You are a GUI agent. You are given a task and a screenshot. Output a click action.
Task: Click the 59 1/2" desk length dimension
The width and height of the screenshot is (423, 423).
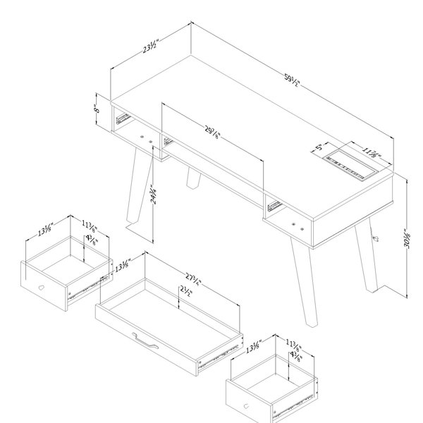292,80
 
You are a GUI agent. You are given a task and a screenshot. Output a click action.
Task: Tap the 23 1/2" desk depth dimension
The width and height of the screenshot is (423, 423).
151,47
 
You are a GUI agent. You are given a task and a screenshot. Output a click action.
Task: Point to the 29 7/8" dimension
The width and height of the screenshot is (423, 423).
213,133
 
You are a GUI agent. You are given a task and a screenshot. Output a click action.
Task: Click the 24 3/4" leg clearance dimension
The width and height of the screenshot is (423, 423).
154,195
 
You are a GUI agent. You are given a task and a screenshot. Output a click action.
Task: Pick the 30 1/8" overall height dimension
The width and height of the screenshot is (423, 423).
407,239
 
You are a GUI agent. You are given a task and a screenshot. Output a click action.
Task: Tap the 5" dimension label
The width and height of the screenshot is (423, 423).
319,147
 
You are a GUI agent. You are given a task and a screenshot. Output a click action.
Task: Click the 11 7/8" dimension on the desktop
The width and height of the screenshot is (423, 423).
371,153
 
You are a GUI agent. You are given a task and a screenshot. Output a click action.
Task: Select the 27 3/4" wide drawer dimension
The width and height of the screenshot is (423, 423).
193,279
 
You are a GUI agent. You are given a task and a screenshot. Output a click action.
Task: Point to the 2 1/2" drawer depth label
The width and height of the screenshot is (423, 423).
186,291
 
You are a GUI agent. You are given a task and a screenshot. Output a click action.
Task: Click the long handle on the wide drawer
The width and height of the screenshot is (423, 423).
145,341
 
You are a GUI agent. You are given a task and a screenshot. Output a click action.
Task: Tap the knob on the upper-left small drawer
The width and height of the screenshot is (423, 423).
41,288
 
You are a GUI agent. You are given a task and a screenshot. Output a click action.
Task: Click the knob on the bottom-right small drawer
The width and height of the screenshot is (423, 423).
246,406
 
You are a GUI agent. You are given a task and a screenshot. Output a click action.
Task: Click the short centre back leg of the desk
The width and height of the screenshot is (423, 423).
194,178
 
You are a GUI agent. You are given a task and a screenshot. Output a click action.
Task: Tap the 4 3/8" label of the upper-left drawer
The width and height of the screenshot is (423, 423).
92,240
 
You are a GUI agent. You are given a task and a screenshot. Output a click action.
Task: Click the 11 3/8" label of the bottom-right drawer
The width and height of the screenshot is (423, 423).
293,345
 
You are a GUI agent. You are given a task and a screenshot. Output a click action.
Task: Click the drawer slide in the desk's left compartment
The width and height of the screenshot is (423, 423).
122,118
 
